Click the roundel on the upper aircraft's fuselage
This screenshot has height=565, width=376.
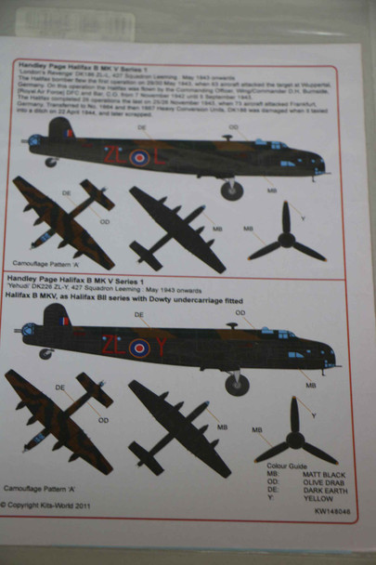click(x=139, y=157)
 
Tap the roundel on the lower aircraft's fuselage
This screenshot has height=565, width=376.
click(x=139, y=348)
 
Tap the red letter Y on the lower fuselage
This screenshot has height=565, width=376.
click(x=161, y=347)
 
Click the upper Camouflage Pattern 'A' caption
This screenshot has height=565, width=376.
click(x=48, y=264)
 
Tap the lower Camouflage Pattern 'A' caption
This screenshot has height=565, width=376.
click(x=47, y=486)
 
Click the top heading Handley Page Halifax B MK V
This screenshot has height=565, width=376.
click(x=75, y=64)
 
